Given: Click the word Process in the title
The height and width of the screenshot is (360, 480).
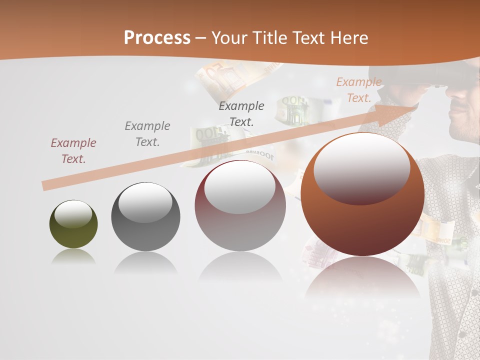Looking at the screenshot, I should point(157,38).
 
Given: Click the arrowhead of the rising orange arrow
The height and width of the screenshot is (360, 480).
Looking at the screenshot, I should point(400,111).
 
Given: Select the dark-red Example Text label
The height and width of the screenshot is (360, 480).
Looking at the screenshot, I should point(73,151).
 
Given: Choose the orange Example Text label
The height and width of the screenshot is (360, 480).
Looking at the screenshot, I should point(359,90).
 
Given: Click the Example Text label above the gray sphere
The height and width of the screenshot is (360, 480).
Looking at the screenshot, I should point(147,134).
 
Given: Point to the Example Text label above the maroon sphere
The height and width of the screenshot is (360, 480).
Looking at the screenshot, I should point(241,113).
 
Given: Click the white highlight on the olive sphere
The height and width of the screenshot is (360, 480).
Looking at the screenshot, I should point(73,214).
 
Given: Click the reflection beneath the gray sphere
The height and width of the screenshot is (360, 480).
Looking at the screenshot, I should point(145,262).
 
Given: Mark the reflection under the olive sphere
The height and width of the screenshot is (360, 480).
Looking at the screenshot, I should point(73,256).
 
